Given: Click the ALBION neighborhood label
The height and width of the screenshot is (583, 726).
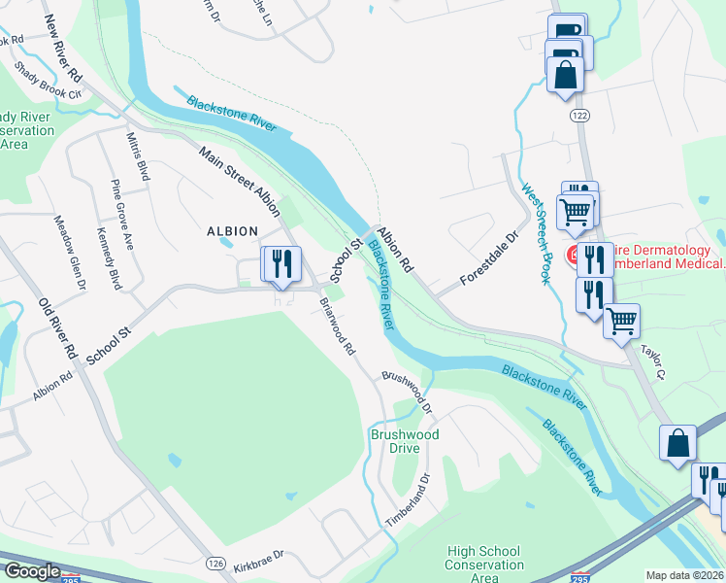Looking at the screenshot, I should point(233,231).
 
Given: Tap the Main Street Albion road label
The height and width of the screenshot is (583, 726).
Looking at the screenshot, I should point(240,181).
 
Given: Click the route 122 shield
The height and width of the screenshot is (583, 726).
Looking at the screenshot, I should point(579,115).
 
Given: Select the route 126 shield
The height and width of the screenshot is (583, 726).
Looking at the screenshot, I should point(214,564).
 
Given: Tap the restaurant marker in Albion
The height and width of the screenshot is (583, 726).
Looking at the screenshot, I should point(280,264).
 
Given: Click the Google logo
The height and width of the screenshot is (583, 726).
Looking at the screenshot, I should point(32,571).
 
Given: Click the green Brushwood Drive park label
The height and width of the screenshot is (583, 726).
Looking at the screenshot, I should point(405,441).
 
